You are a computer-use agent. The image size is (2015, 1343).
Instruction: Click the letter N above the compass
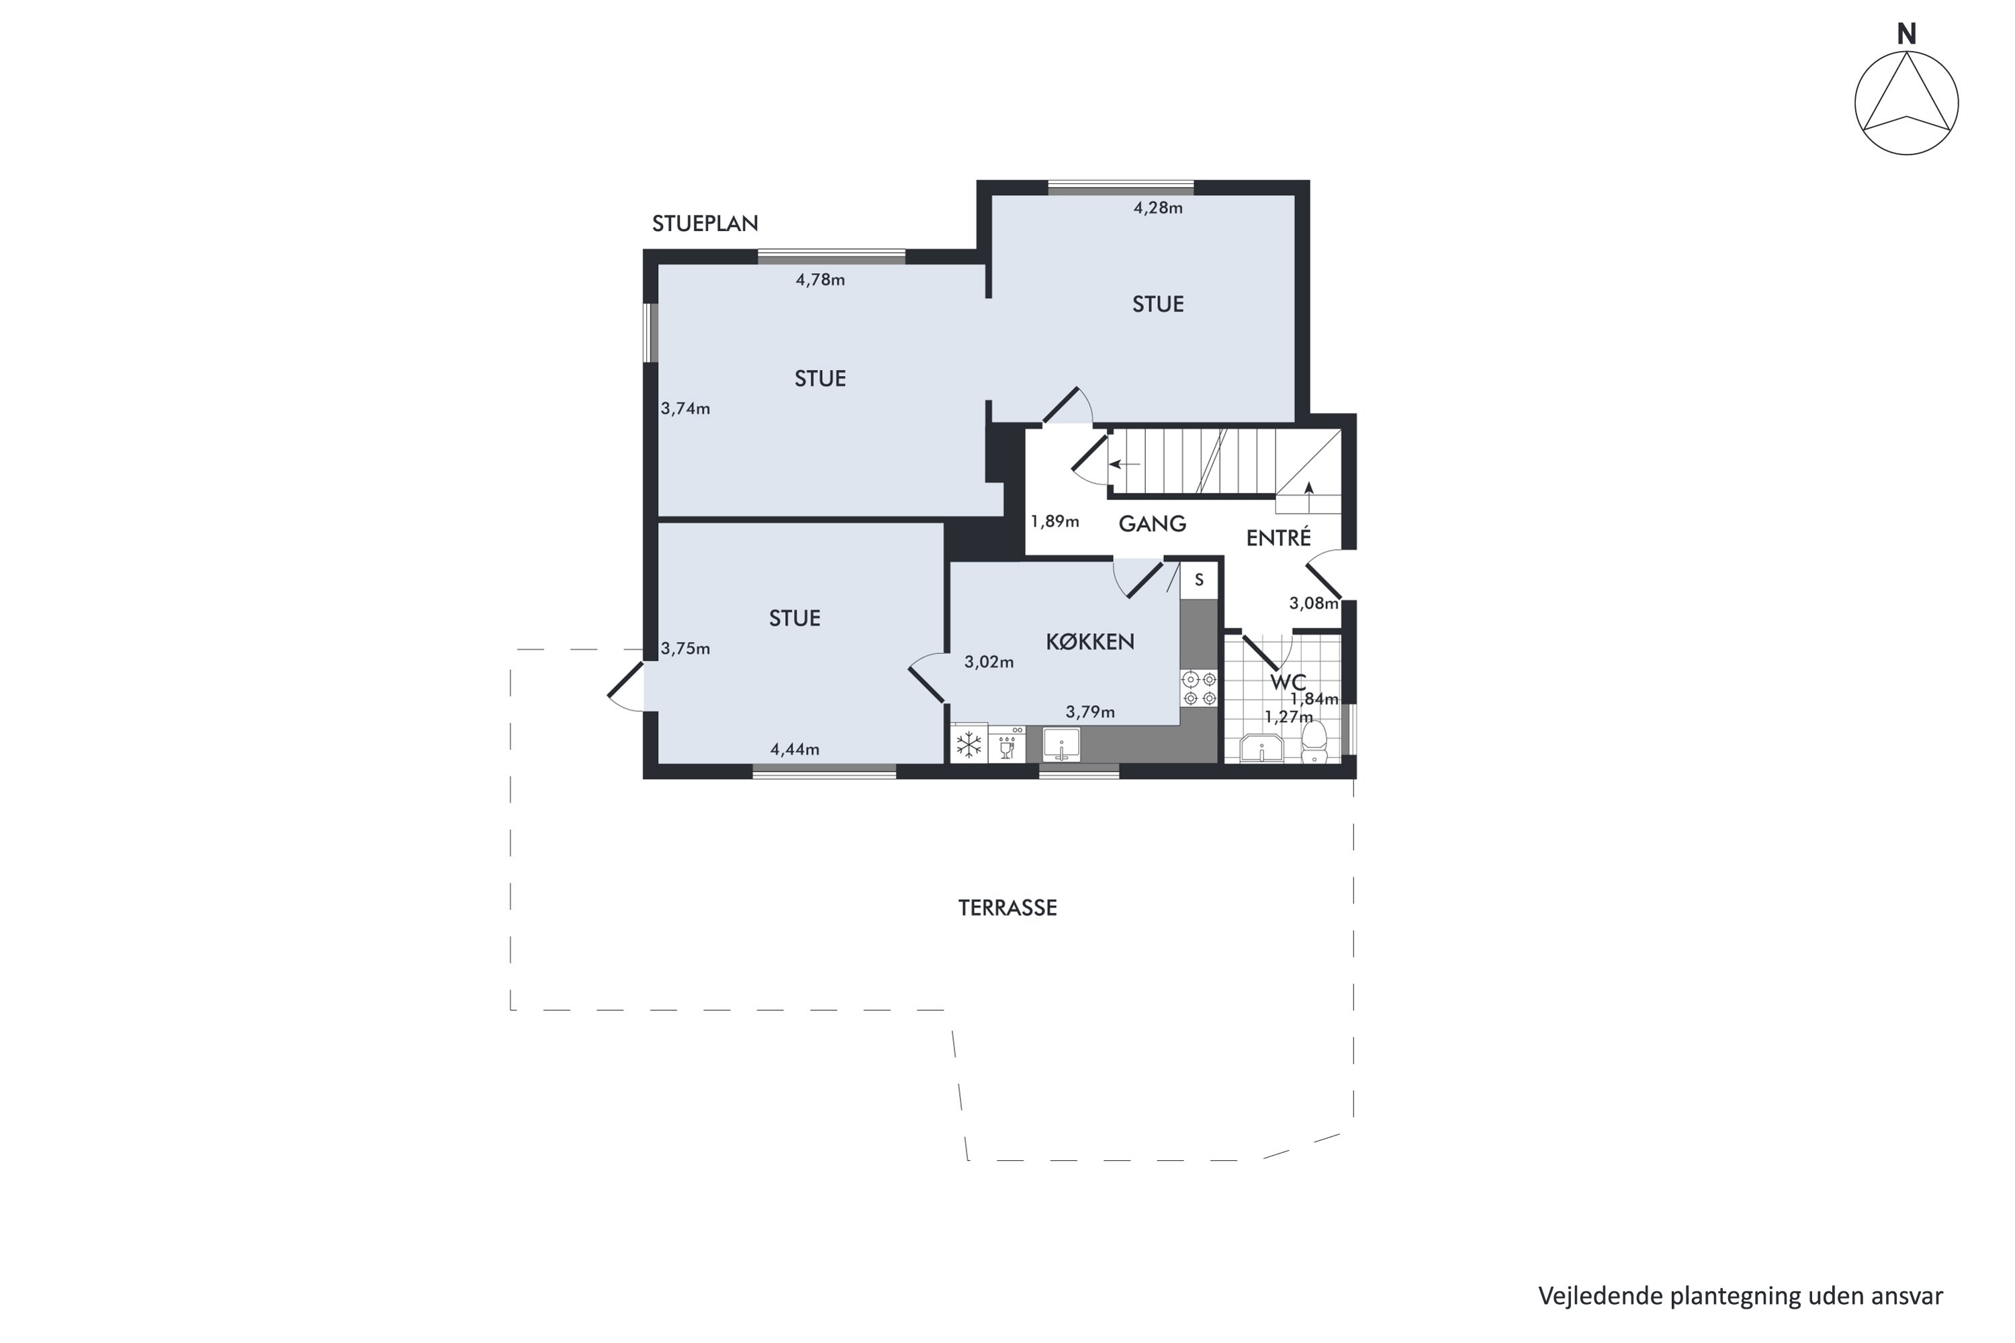tap(1906, 34)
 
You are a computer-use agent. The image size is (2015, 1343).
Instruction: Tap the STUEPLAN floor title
tap(705, 224)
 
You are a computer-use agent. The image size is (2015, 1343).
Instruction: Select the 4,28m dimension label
tap(1158, 207)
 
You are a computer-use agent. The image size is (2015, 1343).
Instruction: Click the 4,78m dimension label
tap(820, 279)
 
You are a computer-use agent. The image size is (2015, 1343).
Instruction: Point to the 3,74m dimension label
tap(685, 408)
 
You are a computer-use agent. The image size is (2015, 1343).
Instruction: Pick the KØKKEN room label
tap(1089, 641)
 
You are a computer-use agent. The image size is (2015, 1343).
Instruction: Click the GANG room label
tap(1153, 523)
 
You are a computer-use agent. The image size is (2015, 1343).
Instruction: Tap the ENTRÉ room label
tap(1278, 537)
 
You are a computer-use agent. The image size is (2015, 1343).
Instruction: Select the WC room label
tap(1288, 682)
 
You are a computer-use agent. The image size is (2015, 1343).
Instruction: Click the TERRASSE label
tap(1007, 908)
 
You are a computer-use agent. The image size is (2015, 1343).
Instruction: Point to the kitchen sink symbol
tap(1061, 744)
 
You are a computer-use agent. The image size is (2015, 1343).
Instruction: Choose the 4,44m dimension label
tap(794, 749)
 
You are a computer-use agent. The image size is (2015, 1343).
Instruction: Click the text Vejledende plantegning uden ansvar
tap(1740, 1296)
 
